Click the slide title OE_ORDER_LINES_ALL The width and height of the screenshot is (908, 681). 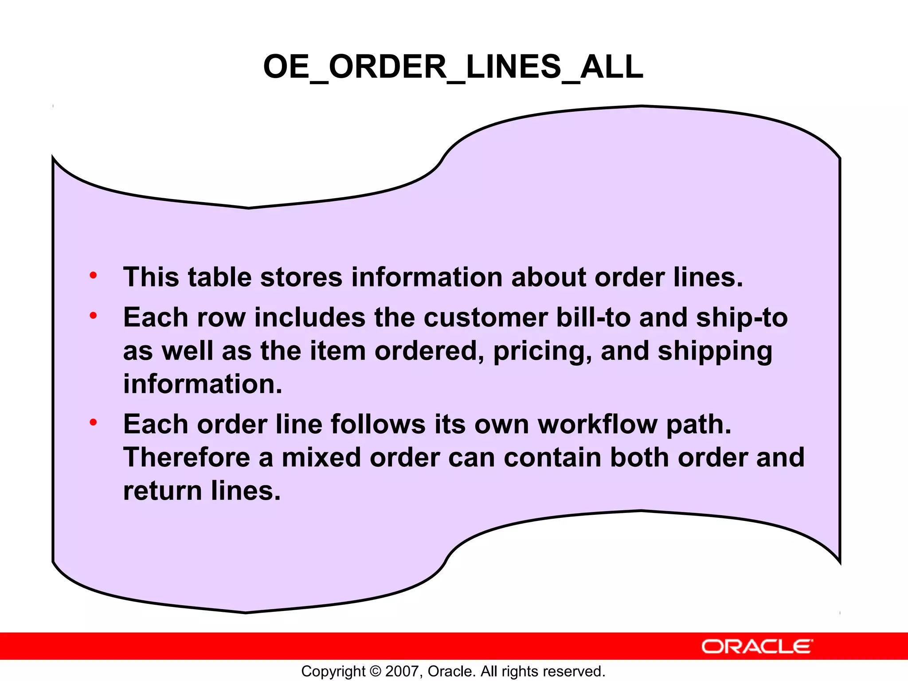click(453, 67)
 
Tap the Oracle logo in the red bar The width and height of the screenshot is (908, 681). click(757, 646)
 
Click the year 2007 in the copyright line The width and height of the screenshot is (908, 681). click(402, 671)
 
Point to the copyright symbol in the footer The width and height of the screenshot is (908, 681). click(375, 671)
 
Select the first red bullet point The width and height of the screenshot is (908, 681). click(93, 275)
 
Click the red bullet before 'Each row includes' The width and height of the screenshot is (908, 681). click(93, 316)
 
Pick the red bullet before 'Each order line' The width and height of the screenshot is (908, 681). click(93, 422)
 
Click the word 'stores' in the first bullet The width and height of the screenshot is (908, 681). click(301, 278)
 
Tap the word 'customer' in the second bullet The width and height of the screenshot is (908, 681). click(485, 318)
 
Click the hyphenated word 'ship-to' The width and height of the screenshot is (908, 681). click(742, 318)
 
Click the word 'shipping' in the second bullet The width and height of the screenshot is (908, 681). click(715, 351)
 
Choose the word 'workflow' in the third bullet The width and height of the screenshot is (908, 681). click(598, 424)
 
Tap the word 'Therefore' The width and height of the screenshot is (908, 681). click(187, 458)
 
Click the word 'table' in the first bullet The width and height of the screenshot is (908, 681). click(219, 278)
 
